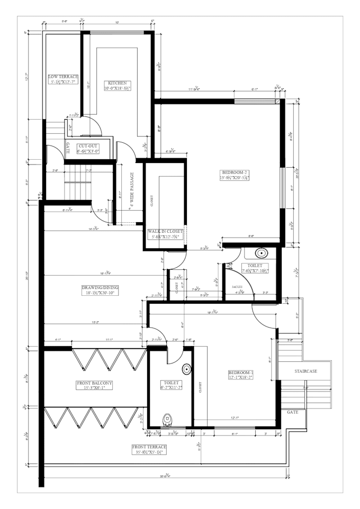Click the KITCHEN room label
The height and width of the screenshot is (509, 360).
pos(117,83)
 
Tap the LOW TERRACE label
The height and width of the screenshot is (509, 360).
pos(63,77)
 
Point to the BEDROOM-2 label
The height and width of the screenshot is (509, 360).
pos(235,172)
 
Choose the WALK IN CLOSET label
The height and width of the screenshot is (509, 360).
pos(165,231)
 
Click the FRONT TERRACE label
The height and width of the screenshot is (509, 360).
pos(149,447)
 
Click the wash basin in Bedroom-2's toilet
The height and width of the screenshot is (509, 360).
pos(260,253)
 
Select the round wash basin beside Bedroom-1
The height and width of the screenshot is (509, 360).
pos(186,369)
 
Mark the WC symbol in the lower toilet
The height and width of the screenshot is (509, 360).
pos(168,419)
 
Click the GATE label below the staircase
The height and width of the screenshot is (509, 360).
pos(293,412)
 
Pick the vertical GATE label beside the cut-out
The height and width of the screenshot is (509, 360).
pos(68,147)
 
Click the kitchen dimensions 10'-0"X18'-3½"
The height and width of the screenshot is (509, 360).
pos(117,89)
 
